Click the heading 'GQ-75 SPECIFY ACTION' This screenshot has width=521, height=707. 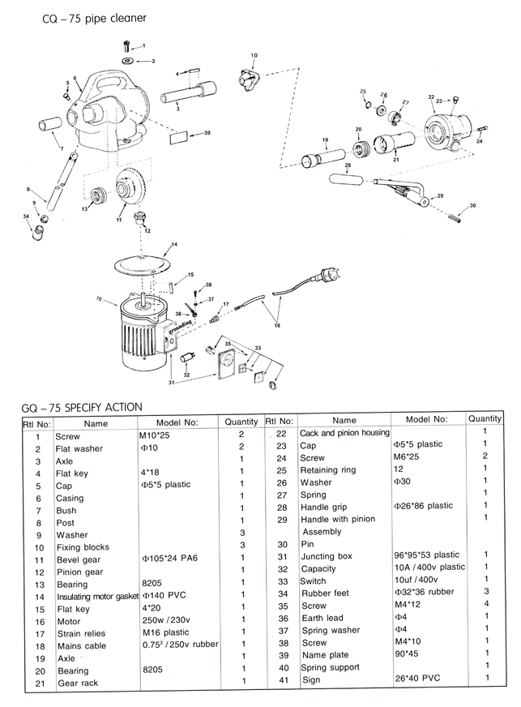(82, 406)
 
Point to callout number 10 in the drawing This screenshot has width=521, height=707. (254, 55)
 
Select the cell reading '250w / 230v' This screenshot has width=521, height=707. (165, 622)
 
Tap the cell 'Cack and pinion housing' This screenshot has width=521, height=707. (344, 433)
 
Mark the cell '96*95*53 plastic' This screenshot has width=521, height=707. (427, 556)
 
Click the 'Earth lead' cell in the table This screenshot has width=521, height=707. (322, 619)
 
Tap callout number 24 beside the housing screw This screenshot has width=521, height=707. (480, 142)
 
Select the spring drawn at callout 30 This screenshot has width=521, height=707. (456, 214)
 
